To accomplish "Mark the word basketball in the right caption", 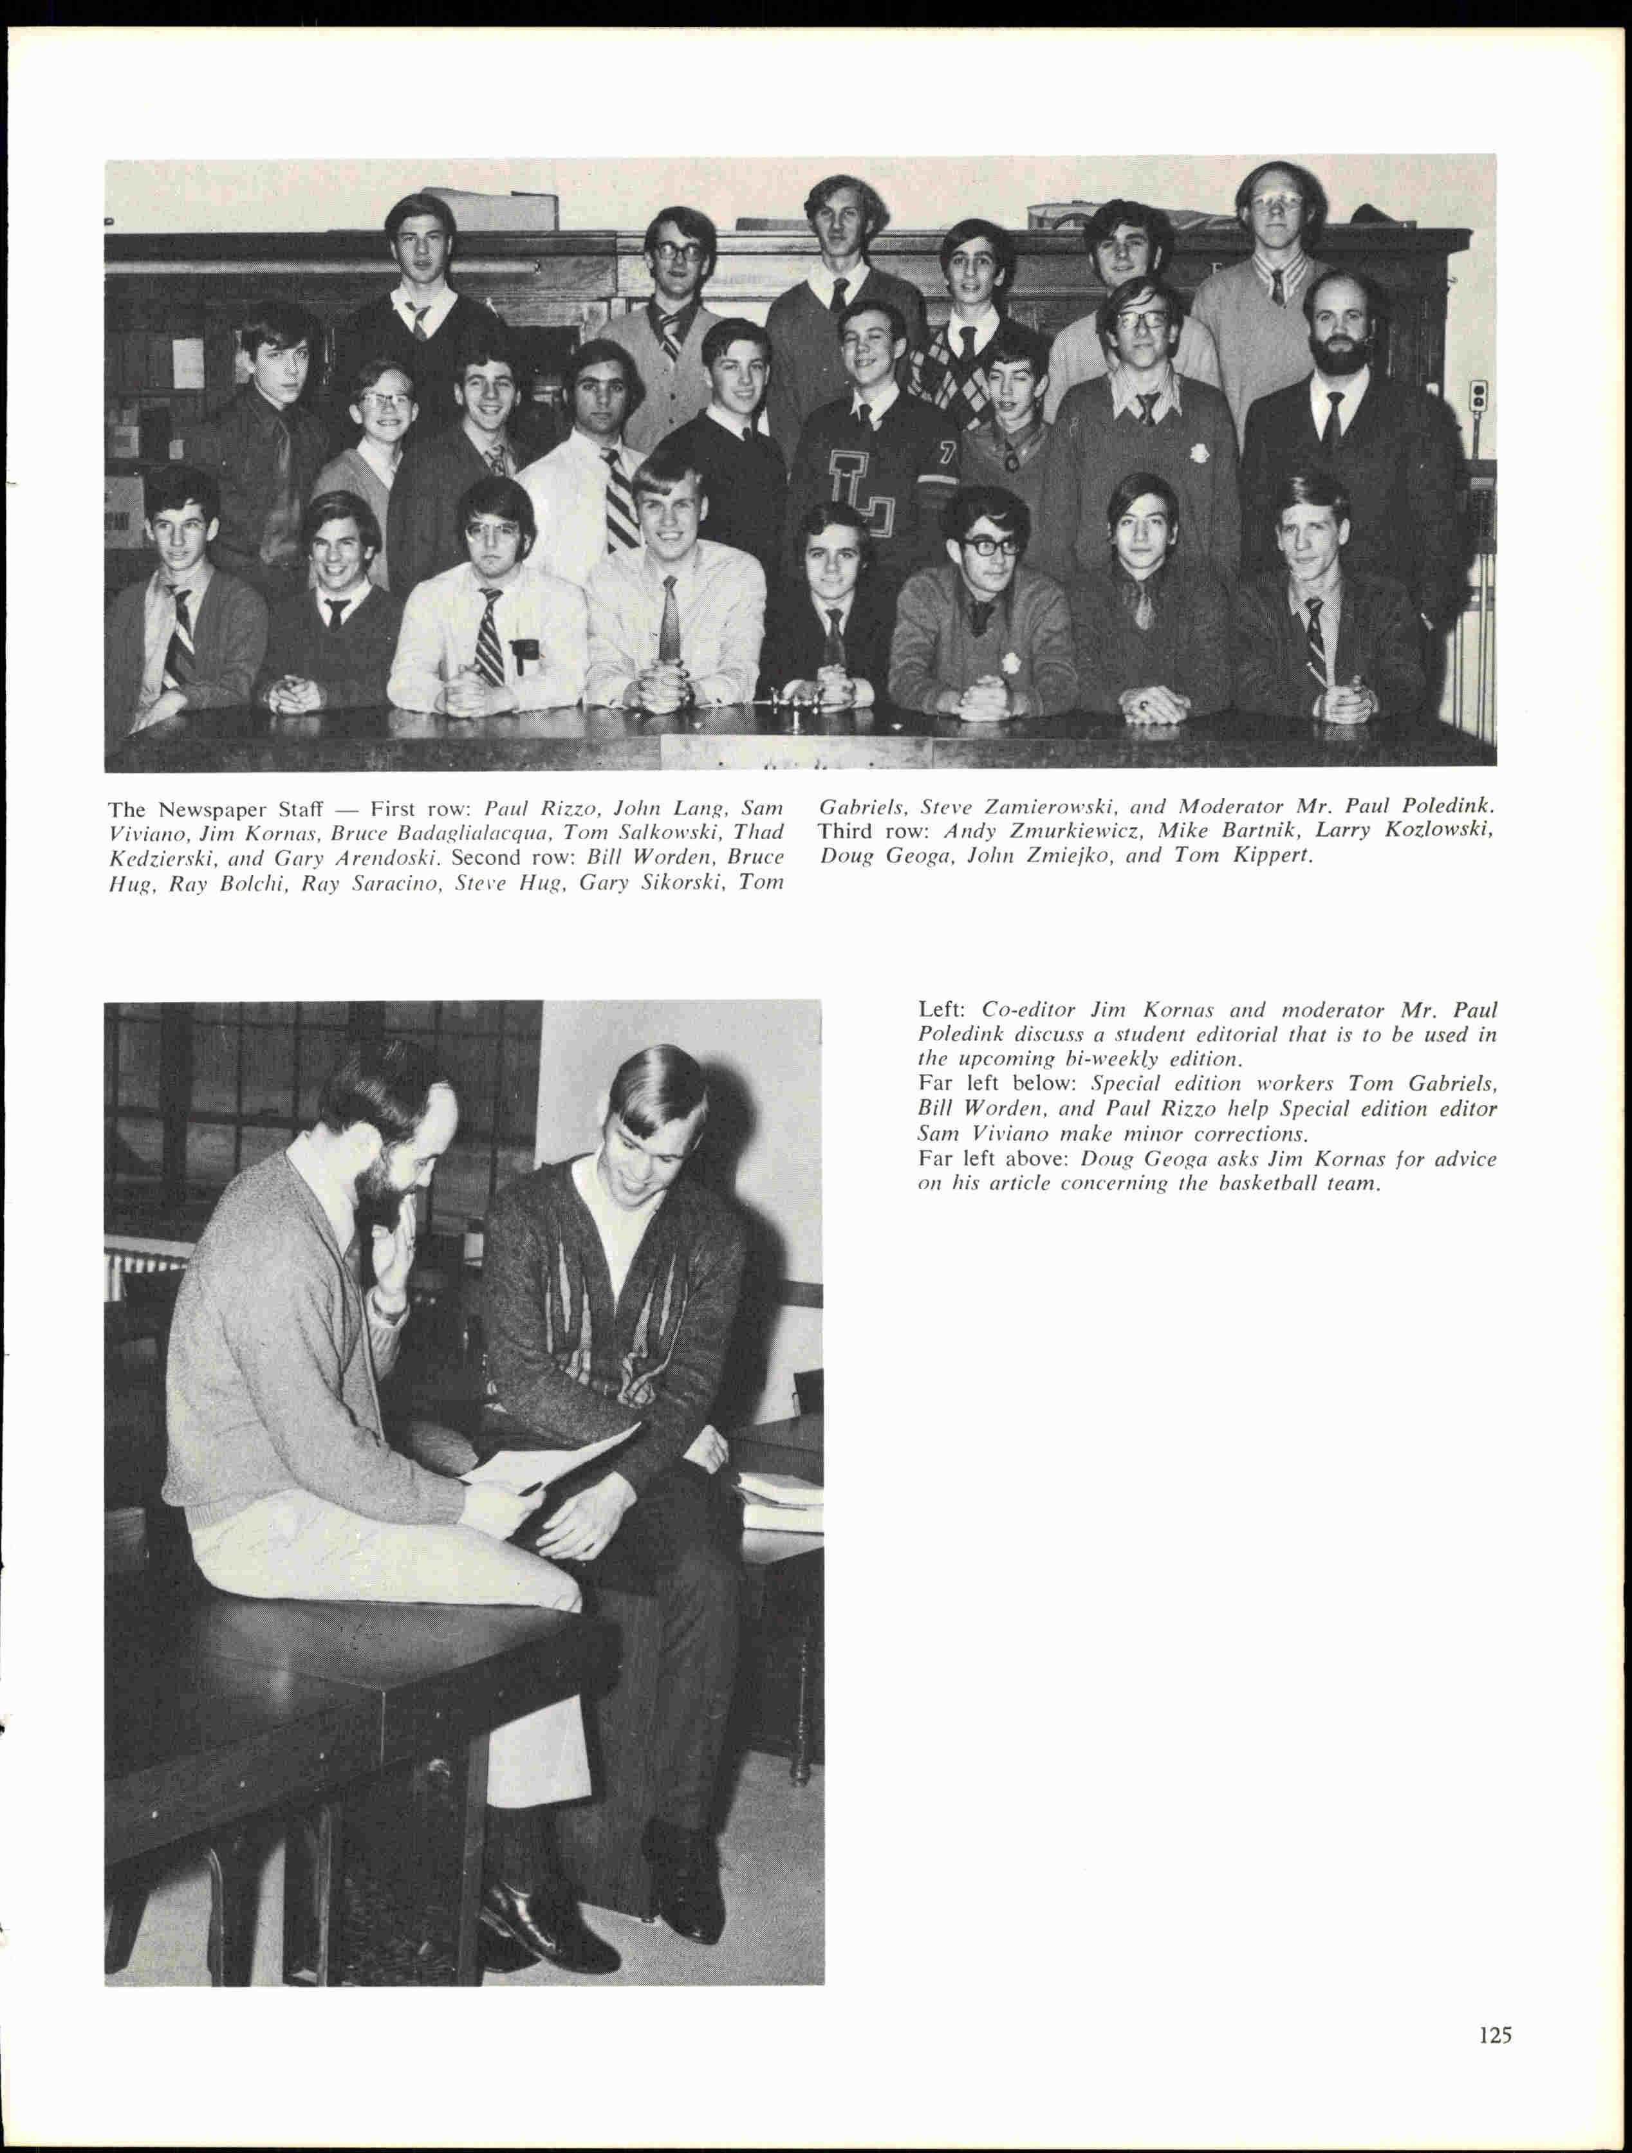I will (x=1267, y=1185).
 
